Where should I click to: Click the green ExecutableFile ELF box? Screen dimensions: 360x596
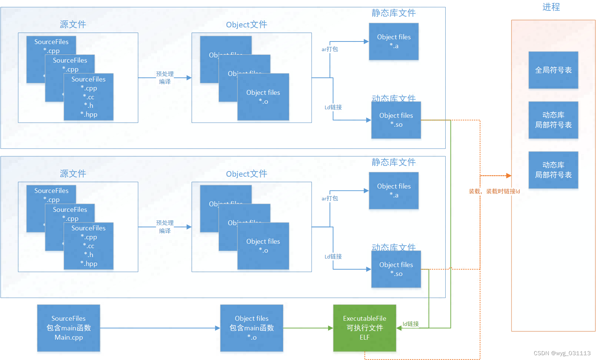364,328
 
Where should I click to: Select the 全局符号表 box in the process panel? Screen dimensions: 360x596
553,70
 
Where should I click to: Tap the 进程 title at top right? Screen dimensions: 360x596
551,7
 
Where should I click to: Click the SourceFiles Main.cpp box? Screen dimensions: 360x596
69,328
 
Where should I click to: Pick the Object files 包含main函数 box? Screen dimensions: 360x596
252,328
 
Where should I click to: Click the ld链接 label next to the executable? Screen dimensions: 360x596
410,324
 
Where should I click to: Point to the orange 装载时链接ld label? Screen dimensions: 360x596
494,191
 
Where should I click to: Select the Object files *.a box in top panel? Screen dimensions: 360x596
394,41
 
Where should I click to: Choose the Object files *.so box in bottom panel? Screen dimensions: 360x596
396,269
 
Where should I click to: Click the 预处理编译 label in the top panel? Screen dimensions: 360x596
165,78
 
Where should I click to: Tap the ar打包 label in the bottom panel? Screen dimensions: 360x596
330,198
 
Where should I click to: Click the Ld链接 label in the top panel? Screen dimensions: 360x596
333,107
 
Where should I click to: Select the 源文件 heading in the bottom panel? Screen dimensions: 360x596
73,173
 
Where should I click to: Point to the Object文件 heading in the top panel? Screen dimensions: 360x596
246,24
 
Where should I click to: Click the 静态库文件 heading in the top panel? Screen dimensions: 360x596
393,13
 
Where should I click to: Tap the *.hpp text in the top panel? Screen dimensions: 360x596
89,114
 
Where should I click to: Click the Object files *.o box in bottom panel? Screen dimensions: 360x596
263,246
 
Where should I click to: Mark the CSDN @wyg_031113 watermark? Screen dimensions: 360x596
562,353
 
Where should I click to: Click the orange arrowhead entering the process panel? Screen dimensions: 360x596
509,176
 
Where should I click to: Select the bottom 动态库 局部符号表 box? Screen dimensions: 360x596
553,170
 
